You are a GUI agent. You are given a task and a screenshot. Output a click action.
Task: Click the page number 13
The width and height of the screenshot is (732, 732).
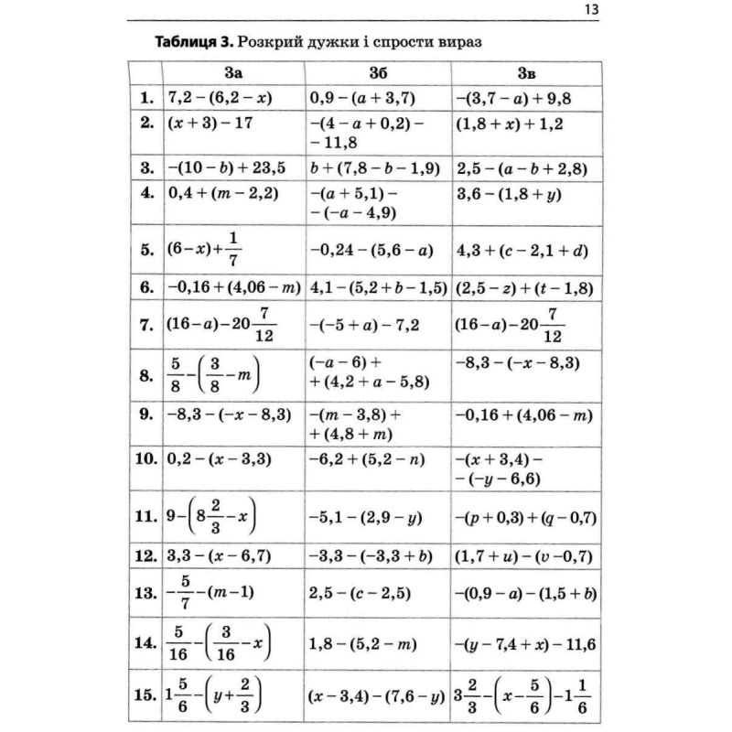pos(589,10)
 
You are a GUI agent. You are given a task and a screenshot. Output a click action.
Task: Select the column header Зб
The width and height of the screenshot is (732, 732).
pos(378,73)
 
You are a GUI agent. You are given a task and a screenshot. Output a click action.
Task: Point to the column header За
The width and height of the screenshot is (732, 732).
pos(233,73)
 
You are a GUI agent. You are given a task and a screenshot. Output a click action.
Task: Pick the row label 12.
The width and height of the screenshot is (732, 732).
pos(145,555)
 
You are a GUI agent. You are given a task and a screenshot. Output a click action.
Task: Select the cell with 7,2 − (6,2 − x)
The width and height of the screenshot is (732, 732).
pos(221,97)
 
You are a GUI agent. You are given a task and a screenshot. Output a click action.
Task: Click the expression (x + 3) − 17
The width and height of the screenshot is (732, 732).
pos(210,124)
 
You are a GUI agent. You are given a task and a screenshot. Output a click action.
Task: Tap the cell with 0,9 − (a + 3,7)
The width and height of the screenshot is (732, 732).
pos(363,97)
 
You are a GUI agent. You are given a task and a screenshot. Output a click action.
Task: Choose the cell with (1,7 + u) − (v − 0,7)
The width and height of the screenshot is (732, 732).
pos(523,555)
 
